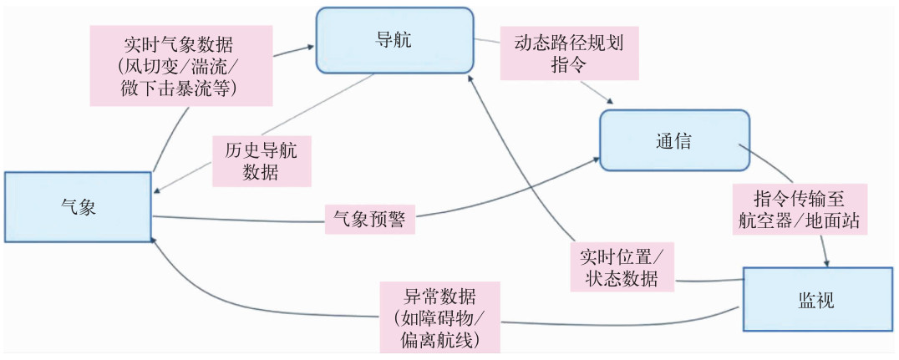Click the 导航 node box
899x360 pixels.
point(394,39)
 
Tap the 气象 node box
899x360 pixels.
point(78,207)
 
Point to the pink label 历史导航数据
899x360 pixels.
point(262,161)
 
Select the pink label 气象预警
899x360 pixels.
point(369,219)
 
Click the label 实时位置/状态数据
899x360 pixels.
point(623,266)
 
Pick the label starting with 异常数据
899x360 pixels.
point(439,317)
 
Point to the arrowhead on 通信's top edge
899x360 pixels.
point(612,104)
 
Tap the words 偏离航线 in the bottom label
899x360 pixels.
point(439,340)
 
